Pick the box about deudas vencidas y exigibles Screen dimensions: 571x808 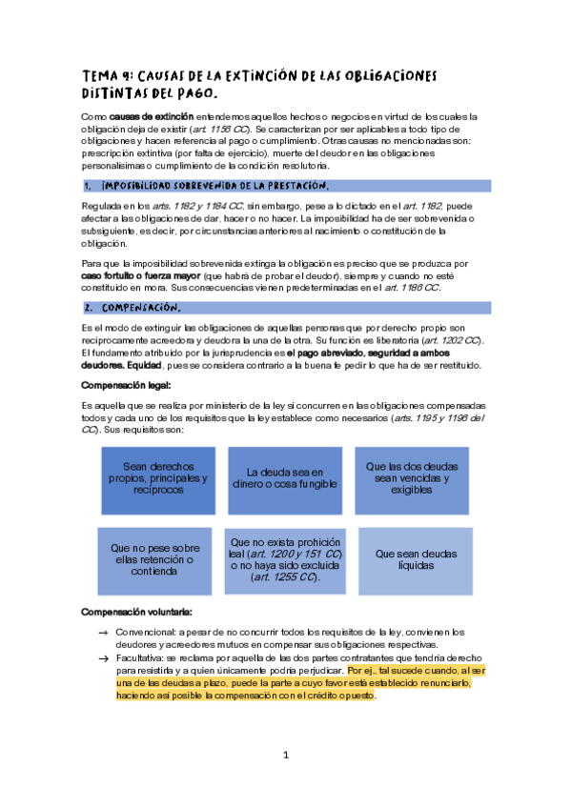(x=412, y=479)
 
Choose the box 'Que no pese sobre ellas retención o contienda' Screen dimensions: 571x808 (x=155, y=560)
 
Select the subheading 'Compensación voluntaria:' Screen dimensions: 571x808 (x=137, y=611)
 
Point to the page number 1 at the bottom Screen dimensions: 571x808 (x=285, y=756)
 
